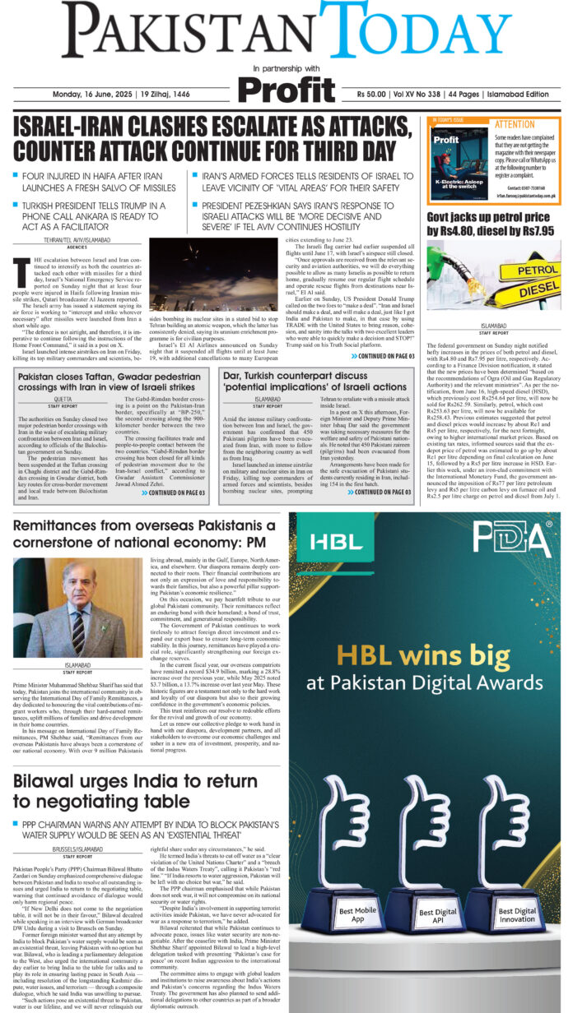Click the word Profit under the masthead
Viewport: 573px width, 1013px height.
[x=286, y=87]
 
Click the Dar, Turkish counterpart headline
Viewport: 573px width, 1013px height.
[x=315, y=382]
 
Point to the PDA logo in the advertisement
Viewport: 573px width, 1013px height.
[x=510, y=539]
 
